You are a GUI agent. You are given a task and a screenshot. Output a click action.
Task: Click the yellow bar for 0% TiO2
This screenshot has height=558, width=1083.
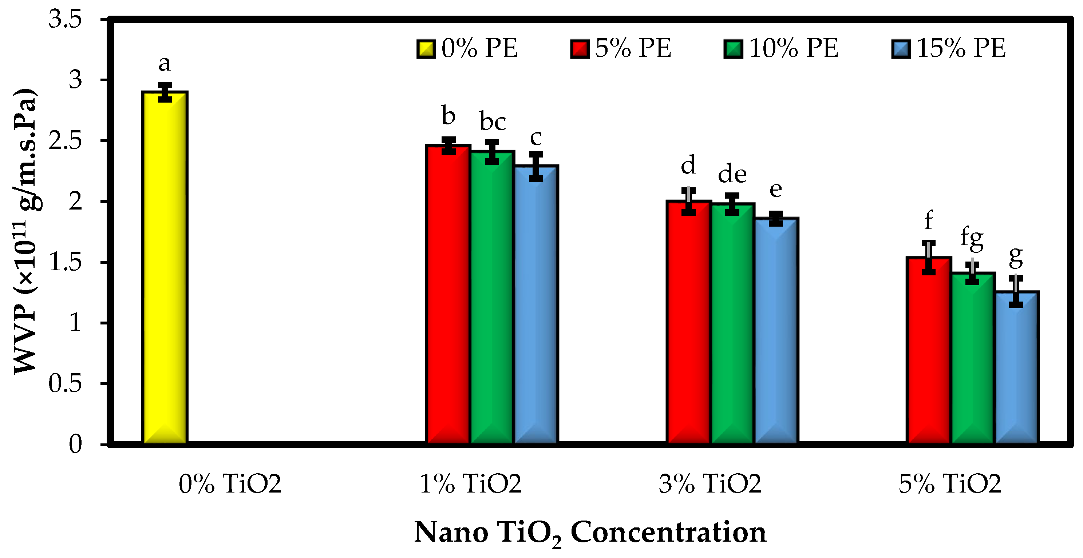165,269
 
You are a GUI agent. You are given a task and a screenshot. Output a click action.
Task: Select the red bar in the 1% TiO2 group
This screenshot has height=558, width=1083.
448,294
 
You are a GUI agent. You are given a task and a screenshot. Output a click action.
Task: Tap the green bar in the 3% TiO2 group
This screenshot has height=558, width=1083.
732,323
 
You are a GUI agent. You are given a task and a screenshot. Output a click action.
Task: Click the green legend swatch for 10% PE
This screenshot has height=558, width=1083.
733,49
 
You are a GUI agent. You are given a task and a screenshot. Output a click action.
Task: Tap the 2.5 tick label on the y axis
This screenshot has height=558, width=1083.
65,141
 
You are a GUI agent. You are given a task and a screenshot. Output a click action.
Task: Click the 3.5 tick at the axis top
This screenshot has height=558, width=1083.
65,19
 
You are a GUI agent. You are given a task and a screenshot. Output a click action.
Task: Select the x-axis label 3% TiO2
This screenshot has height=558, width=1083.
710,484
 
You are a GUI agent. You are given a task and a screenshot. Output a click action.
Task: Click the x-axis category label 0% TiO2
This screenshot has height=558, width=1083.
230,484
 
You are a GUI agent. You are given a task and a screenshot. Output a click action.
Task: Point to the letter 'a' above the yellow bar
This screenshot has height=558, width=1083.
165,64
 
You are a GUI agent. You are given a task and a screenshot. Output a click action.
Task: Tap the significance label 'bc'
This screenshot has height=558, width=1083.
492,122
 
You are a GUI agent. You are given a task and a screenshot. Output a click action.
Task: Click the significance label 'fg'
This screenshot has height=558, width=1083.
972,239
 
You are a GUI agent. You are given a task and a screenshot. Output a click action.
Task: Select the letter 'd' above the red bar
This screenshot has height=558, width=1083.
688,165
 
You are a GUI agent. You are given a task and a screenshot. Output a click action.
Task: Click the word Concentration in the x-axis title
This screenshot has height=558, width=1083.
668,533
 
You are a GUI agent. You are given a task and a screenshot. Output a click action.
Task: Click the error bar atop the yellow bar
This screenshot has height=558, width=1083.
165,92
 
